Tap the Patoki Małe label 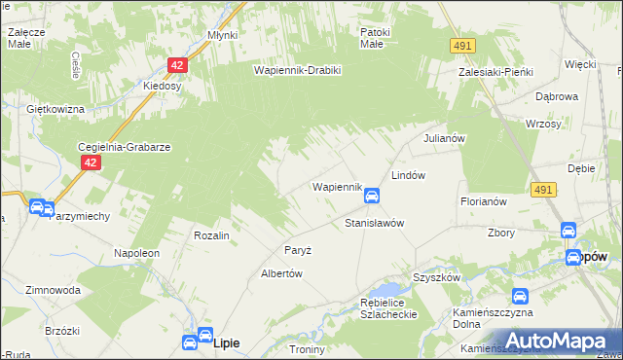(x=375, y=38)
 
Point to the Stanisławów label (x=375, y=223)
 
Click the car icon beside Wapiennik (x=372, y=197)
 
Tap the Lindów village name (x=409, y=175)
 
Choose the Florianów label (x=485, y=201)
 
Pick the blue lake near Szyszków (x=390, y=290)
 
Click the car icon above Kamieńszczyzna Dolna (x=520, y=296)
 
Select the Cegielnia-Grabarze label (x=125, y=147)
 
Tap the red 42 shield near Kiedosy (x=176, y=65)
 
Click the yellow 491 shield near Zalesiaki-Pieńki (x=462, y=46)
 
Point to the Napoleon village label (x=136, y=252)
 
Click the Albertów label (x=282, y=274)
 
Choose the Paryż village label (x=298, y=250)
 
